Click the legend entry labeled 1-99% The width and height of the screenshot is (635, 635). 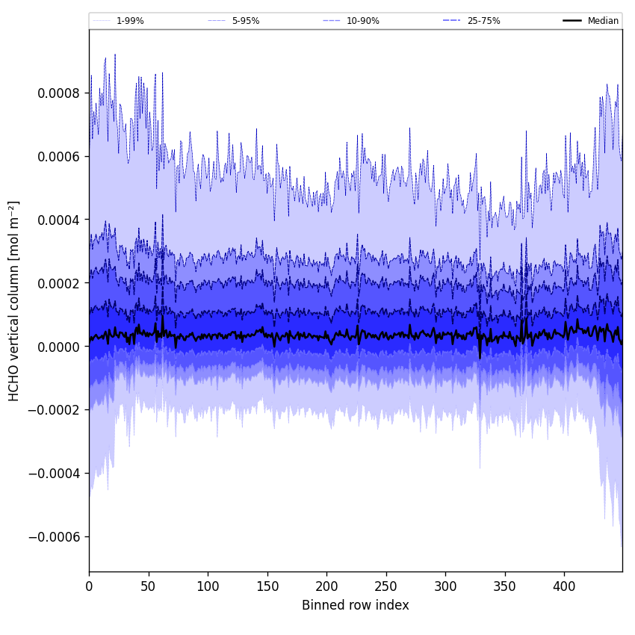pyautogui.click(x=129, y=21)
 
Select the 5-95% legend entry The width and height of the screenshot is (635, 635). pyautogui.click(x=245, y=21)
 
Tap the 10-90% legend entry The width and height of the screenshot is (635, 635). pyautogui.click(x=362, y=21)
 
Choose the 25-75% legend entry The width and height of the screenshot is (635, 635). pyautogui.click(x=483, y=21)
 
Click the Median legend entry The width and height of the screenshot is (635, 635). pyautogui.click(x=603, y=21)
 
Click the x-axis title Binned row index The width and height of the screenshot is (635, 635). pyautogui.click(x=356, y=605)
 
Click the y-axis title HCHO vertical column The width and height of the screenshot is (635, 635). pyautogui.click(x=14, y=300)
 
